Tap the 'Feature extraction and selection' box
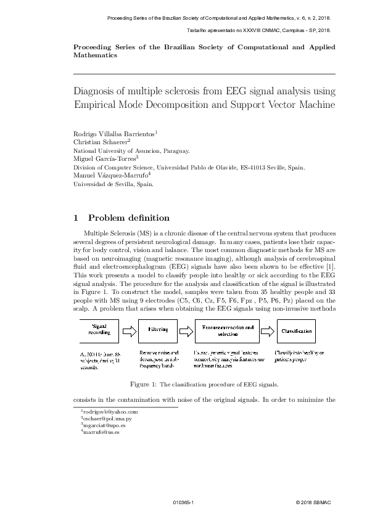pyautogui.click(x=228, y=331)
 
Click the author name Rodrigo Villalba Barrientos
pyautogui.click(x=115, y=133)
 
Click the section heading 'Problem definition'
pyautogui.click(x=129, y=218)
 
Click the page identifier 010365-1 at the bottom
pyautogui.click(x=184, y=503)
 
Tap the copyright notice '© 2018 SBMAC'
pyautogui.click(x=313, y=503)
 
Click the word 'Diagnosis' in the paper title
pyautogui.click(x=97, y=92)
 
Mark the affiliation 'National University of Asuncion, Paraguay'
pyautogui.click(x=131, y=150)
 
